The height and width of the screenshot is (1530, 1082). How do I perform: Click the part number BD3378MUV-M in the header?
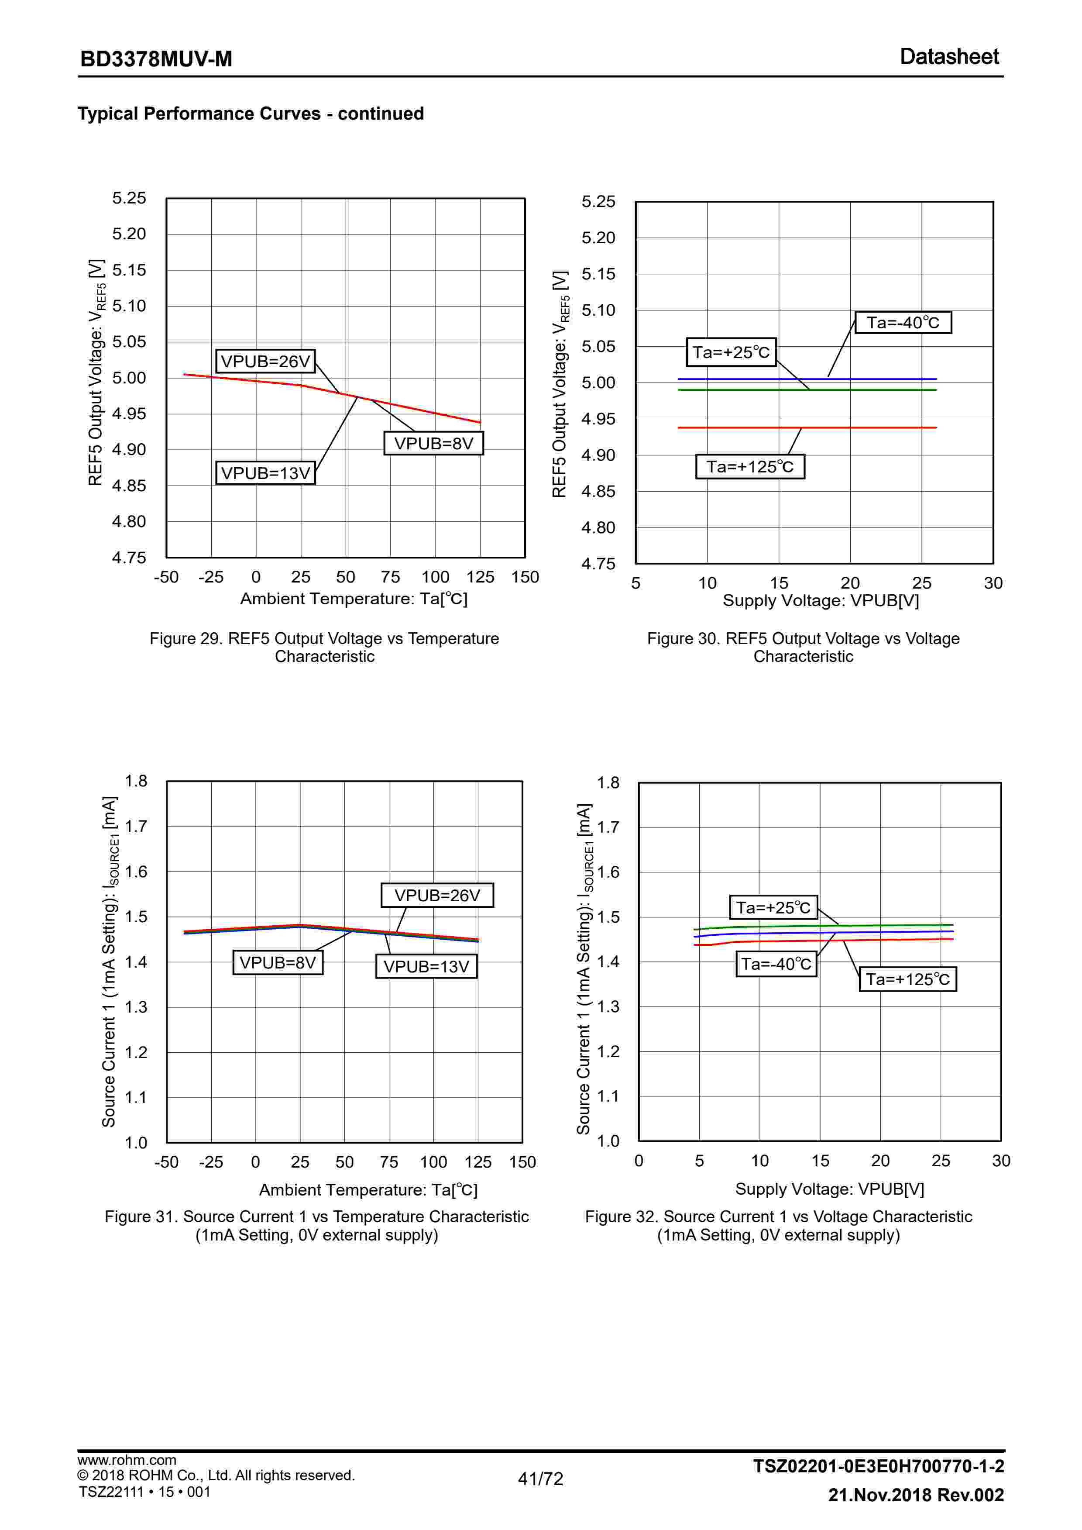pyautogui.click(x=156, y=59)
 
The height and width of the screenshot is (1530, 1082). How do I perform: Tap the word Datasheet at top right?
pyautogui.click(x=949, y=57)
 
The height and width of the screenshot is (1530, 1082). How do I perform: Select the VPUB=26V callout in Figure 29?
pyautogui.click(x=265, y=361)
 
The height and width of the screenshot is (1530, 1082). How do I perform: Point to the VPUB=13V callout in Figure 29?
pyautogui.click(x=265, y=473)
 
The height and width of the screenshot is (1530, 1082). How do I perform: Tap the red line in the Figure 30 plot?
pyautogui.click(x=866, y=427)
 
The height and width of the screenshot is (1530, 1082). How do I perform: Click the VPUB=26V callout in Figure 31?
pyautogui.click(x=437, y=895)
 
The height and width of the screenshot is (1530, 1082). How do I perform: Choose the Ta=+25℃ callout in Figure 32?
pyautogui.click(x=773, y=908)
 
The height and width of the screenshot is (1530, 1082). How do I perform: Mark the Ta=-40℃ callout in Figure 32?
pyautogui.click(x=776, y=964)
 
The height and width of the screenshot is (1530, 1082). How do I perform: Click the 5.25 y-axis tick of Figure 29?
pyautogui.click(x=129, y=198)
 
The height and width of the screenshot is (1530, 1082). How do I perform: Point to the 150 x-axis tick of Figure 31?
pyautogui.click(x=522, y=1162)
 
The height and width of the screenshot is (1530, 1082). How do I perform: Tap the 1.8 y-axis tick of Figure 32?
pyautogui.click(x=608, y=782)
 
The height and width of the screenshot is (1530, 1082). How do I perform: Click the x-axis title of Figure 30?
pyautogui.click(x=821, y=600)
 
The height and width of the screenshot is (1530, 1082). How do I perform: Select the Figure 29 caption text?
pyautogui.click(x=324, y=647)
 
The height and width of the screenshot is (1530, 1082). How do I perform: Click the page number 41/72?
pyautogui.click(x=540, y=1478)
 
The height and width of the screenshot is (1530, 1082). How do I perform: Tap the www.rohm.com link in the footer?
pyautogui.click(x=127, y=1460)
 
